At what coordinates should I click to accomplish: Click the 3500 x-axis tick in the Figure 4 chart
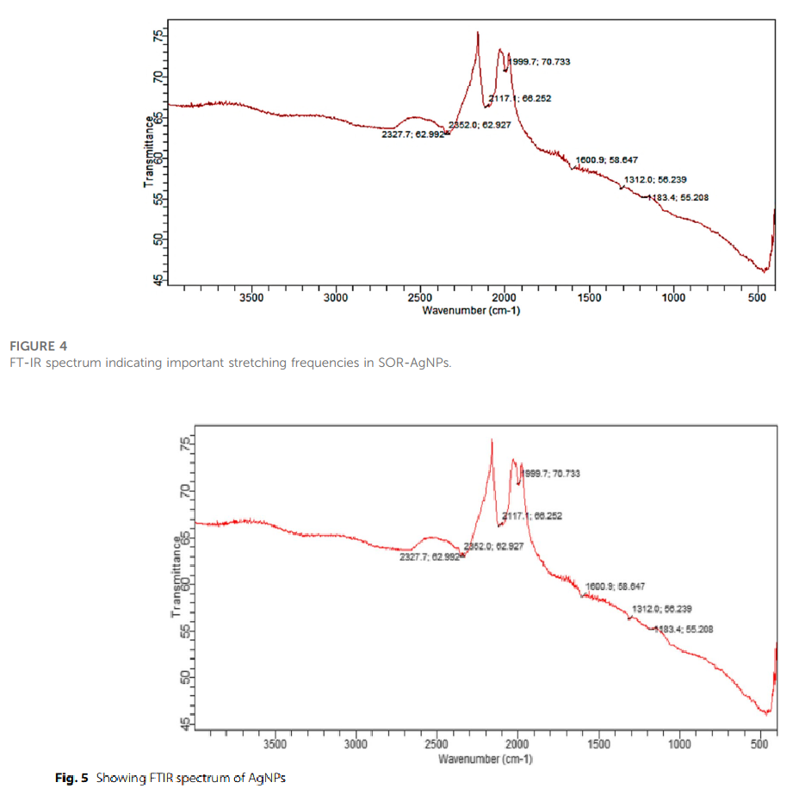pos(251,297)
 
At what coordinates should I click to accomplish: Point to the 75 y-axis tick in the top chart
pos(158,35)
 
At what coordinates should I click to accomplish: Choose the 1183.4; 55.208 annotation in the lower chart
pos(684,630)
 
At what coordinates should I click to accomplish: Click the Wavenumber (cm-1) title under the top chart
pos(470,309)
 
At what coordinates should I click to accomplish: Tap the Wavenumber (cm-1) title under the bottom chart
pos(486,759)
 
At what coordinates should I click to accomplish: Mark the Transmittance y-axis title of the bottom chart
pos(176,576)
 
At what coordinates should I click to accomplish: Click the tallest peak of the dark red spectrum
pos(478,33)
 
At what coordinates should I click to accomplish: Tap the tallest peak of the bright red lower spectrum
pos(492,440)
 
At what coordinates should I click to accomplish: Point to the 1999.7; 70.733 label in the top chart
pos(541,62)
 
